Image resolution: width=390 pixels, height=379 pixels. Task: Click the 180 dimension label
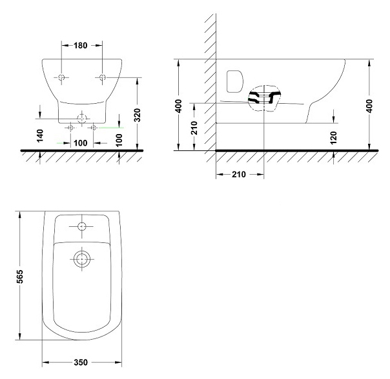click(80, 46)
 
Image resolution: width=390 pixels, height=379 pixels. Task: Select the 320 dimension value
click(138, 115)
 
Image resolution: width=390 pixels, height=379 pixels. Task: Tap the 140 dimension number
click(40, 135)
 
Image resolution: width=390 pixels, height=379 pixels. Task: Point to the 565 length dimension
click(19, 276)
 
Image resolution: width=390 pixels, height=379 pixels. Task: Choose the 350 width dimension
click(81, 362)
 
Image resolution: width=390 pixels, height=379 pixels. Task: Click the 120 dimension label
click(334, 137)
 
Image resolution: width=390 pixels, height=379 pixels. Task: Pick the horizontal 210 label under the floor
click(239, 174)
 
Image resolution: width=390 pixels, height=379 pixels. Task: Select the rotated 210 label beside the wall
click(194, 128)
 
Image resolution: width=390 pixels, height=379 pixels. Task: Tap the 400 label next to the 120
click(369, 106)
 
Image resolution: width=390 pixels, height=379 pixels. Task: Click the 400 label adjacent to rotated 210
click(179, 106)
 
